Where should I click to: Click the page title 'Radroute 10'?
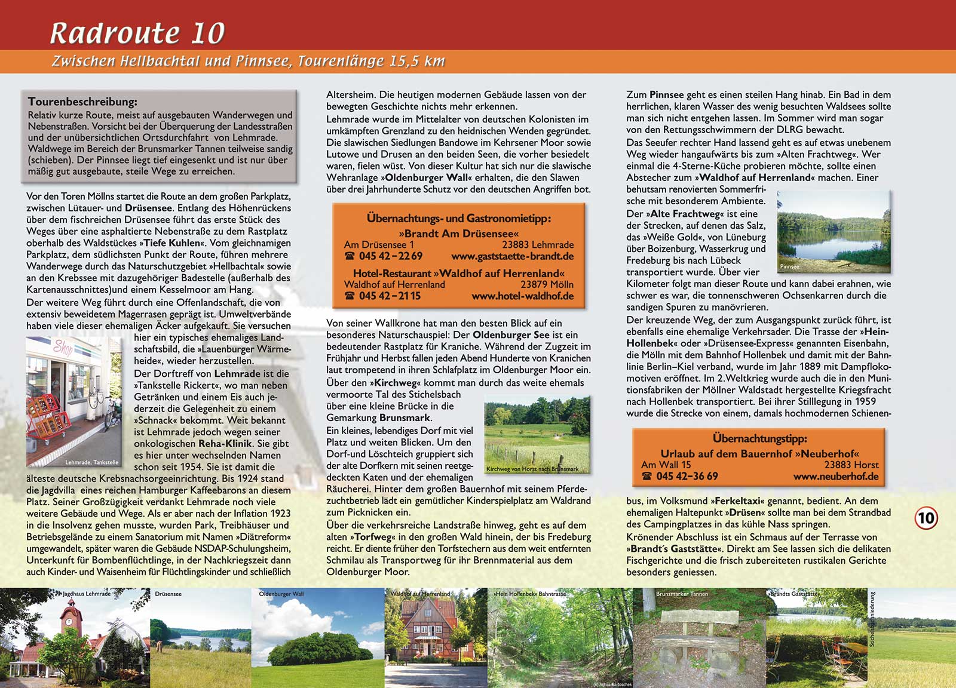click(137, 33)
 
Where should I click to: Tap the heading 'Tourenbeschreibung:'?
click(82, 102)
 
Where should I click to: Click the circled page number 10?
click(926, 517)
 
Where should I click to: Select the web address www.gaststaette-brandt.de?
click(512, 256)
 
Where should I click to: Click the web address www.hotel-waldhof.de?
click(522, 296)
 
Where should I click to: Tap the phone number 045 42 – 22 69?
click(391, 256)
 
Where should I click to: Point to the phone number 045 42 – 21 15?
click(390, 296)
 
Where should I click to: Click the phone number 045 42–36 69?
click(687, 476)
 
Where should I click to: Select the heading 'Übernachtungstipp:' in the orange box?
click(759, 438)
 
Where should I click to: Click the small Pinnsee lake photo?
click(834, 232)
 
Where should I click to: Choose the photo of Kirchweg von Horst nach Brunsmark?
click(537, 435)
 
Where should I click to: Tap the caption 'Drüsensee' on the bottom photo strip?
click(168, 594)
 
